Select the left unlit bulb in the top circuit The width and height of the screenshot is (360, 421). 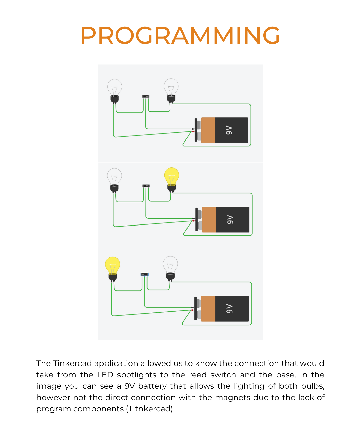pos(115,91)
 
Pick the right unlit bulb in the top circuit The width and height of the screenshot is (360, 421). pos(171,91)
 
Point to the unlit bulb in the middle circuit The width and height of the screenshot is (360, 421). pos(114,180)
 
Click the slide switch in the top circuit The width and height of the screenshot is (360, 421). pos(146,96)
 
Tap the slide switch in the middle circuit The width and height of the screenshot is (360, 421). pos(146,186)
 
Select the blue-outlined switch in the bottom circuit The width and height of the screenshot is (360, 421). pos(144,274)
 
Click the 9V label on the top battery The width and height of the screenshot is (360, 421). pos(229,130)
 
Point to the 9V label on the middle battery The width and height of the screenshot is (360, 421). pos(230,219)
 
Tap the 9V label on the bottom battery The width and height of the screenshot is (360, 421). pos(229,309)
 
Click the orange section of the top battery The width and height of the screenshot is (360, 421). pos(208,130)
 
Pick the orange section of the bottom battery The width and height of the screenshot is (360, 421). pos(208,308)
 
